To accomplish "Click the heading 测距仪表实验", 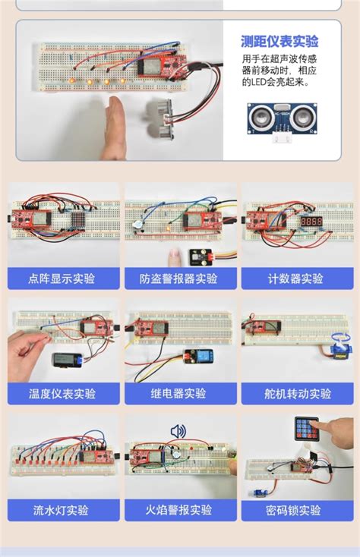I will [x=279, y=42].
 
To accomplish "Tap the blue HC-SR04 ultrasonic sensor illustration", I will [x=279, y=117].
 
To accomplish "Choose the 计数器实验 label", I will [x=295, y=278].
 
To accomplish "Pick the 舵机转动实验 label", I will [x=295, y=394].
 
